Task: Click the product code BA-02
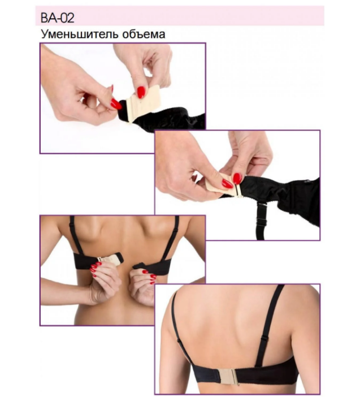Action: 58,18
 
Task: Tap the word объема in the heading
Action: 144,34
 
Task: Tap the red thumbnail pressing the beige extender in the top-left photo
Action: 141,92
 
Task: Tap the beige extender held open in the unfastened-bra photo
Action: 111,260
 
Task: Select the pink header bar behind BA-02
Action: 180,16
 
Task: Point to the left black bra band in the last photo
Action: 205,372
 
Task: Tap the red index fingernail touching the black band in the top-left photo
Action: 116,104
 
